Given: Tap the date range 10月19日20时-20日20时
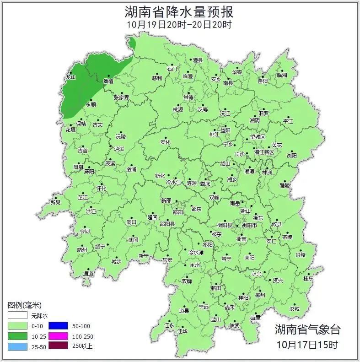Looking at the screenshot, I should [x=179, y=24].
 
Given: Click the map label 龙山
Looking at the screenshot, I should [x=70, y=77].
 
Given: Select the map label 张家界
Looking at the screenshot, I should [x=121, y=97].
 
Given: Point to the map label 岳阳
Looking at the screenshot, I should [x=263, y=81].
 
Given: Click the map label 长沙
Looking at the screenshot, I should [x=239, y=154].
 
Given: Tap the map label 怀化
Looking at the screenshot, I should [x=101, y=188].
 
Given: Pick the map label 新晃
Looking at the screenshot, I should [x=55, y=202].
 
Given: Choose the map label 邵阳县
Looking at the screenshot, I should [x=167, y=224].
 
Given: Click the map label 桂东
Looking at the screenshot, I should [x=309, y=278].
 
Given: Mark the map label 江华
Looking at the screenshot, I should [x=183, y=331].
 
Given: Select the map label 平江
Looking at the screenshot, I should [x=288, y=121].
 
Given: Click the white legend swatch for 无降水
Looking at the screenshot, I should [x=17, y=316].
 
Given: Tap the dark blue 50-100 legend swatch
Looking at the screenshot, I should [x=59, y=326].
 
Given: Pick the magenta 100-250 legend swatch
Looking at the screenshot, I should [x=59, y=336].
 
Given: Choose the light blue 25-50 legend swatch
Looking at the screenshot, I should [x=17, y=346].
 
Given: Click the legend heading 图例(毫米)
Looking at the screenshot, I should [x=25, y=305].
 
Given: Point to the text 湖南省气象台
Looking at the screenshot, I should [x=307, y=330].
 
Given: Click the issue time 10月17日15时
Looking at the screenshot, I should [x=307, y=344].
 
